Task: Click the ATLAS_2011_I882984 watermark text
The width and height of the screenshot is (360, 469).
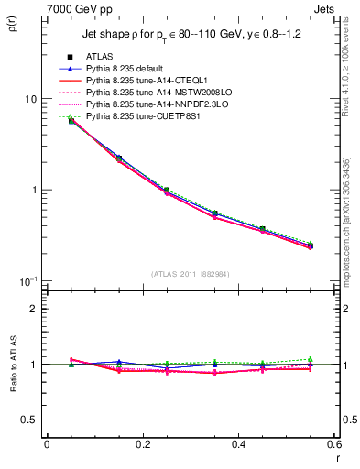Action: pos(191,273)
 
